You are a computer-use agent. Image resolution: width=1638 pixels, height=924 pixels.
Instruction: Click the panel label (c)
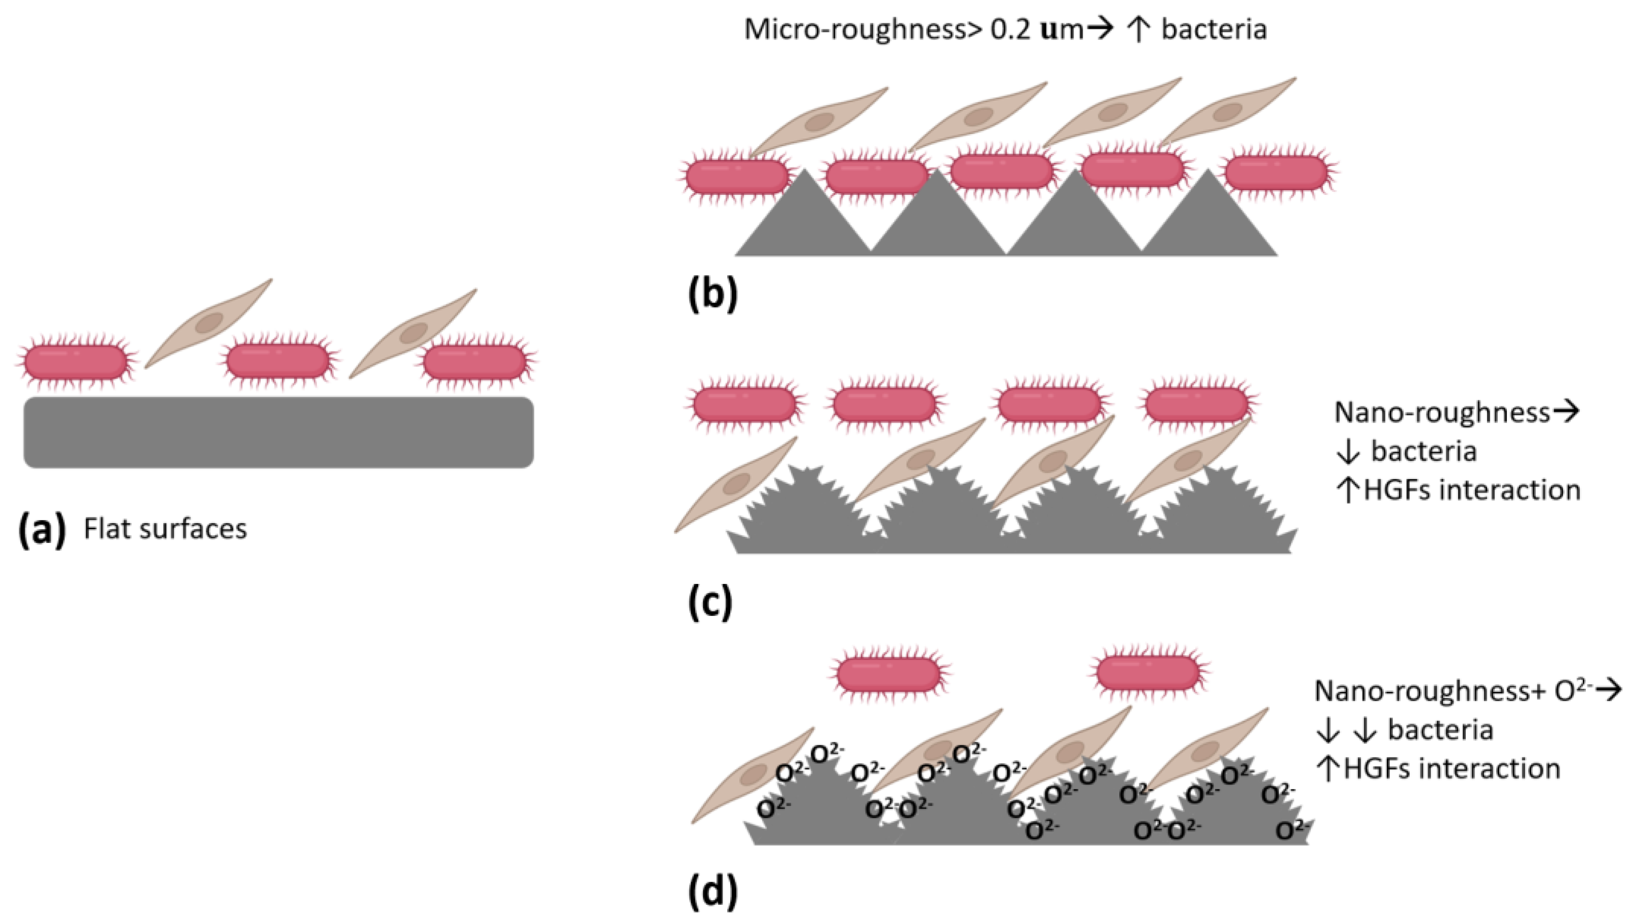coord(711,603)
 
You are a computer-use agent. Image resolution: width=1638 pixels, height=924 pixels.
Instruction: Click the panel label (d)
coord(713,892)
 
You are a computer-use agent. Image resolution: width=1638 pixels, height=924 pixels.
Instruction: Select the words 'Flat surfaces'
coord(166,529)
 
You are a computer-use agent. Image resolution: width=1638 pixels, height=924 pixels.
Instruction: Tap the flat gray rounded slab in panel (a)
coord(278,433)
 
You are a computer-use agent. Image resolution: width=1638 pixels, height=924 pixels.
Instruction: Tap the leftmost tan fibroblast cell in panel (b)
coord(817,122)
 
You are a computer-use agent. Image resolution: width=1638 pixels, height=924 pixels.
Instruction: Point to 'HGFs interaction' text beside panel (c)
coord(1472,490)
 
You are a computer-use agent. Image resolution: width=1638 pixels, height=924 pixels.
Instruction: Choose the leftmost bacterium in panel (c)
coord(744,405)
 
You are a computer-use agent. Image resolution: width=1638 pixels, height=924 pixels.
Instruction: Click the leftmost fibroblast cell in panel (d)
coord(753,775)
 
